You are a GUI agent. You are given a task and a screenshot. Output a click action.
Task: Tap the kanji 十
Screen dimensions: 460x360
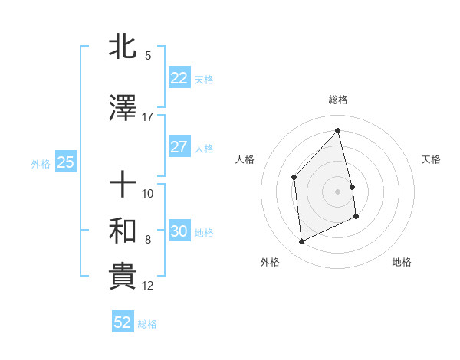(x=123, y=185)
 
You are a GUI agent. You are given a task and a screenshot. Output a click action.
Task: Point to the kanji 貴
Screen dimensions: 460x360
(x=123, y=277)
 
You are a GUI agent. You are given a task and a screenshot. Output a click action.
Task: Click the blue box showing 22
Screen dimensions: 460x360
(x=179, y=78)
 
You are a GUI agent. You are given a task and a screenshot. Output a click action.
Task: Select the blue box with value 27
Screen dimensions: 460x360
(x=179, y=148)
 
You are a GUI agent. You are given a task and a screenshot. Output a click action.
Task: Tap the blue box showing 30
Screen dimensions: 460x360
(x=179, y=232)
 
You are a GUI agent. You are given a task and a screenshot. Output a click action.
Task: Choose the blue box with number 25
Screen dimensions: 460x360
(x=65, y=162)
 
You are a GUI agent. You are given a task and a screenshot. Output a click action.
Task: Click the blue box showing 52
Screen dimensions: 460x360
(x=123, y=323)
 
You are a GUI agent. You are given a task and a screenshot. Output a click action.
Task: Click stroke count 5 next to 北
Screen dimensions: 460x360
(x=148, y=56)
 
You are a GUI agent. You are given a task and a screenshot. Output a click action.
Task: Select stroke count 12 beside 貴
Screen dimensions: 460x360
(x=148, y=286)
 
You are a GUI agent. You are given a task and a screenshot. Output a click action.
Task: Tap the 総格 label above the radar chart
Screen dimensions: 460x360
(x=338, y=100)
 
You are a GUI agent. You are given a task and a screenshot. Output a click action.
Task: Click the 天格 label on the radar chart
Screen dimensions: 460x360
(x=432, y=159)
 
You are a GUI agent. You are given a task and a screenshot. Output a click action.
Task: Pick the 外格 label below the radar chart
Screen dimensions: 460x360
(x=270, y=262)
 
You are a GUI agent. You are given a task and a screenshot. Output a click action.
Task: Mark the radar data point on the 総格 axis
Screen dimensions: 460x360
(x=338, y=131)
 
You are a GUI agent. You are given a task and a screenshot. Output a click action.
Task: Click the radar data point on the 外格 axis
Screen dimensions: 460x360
(x=301, y=242)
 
